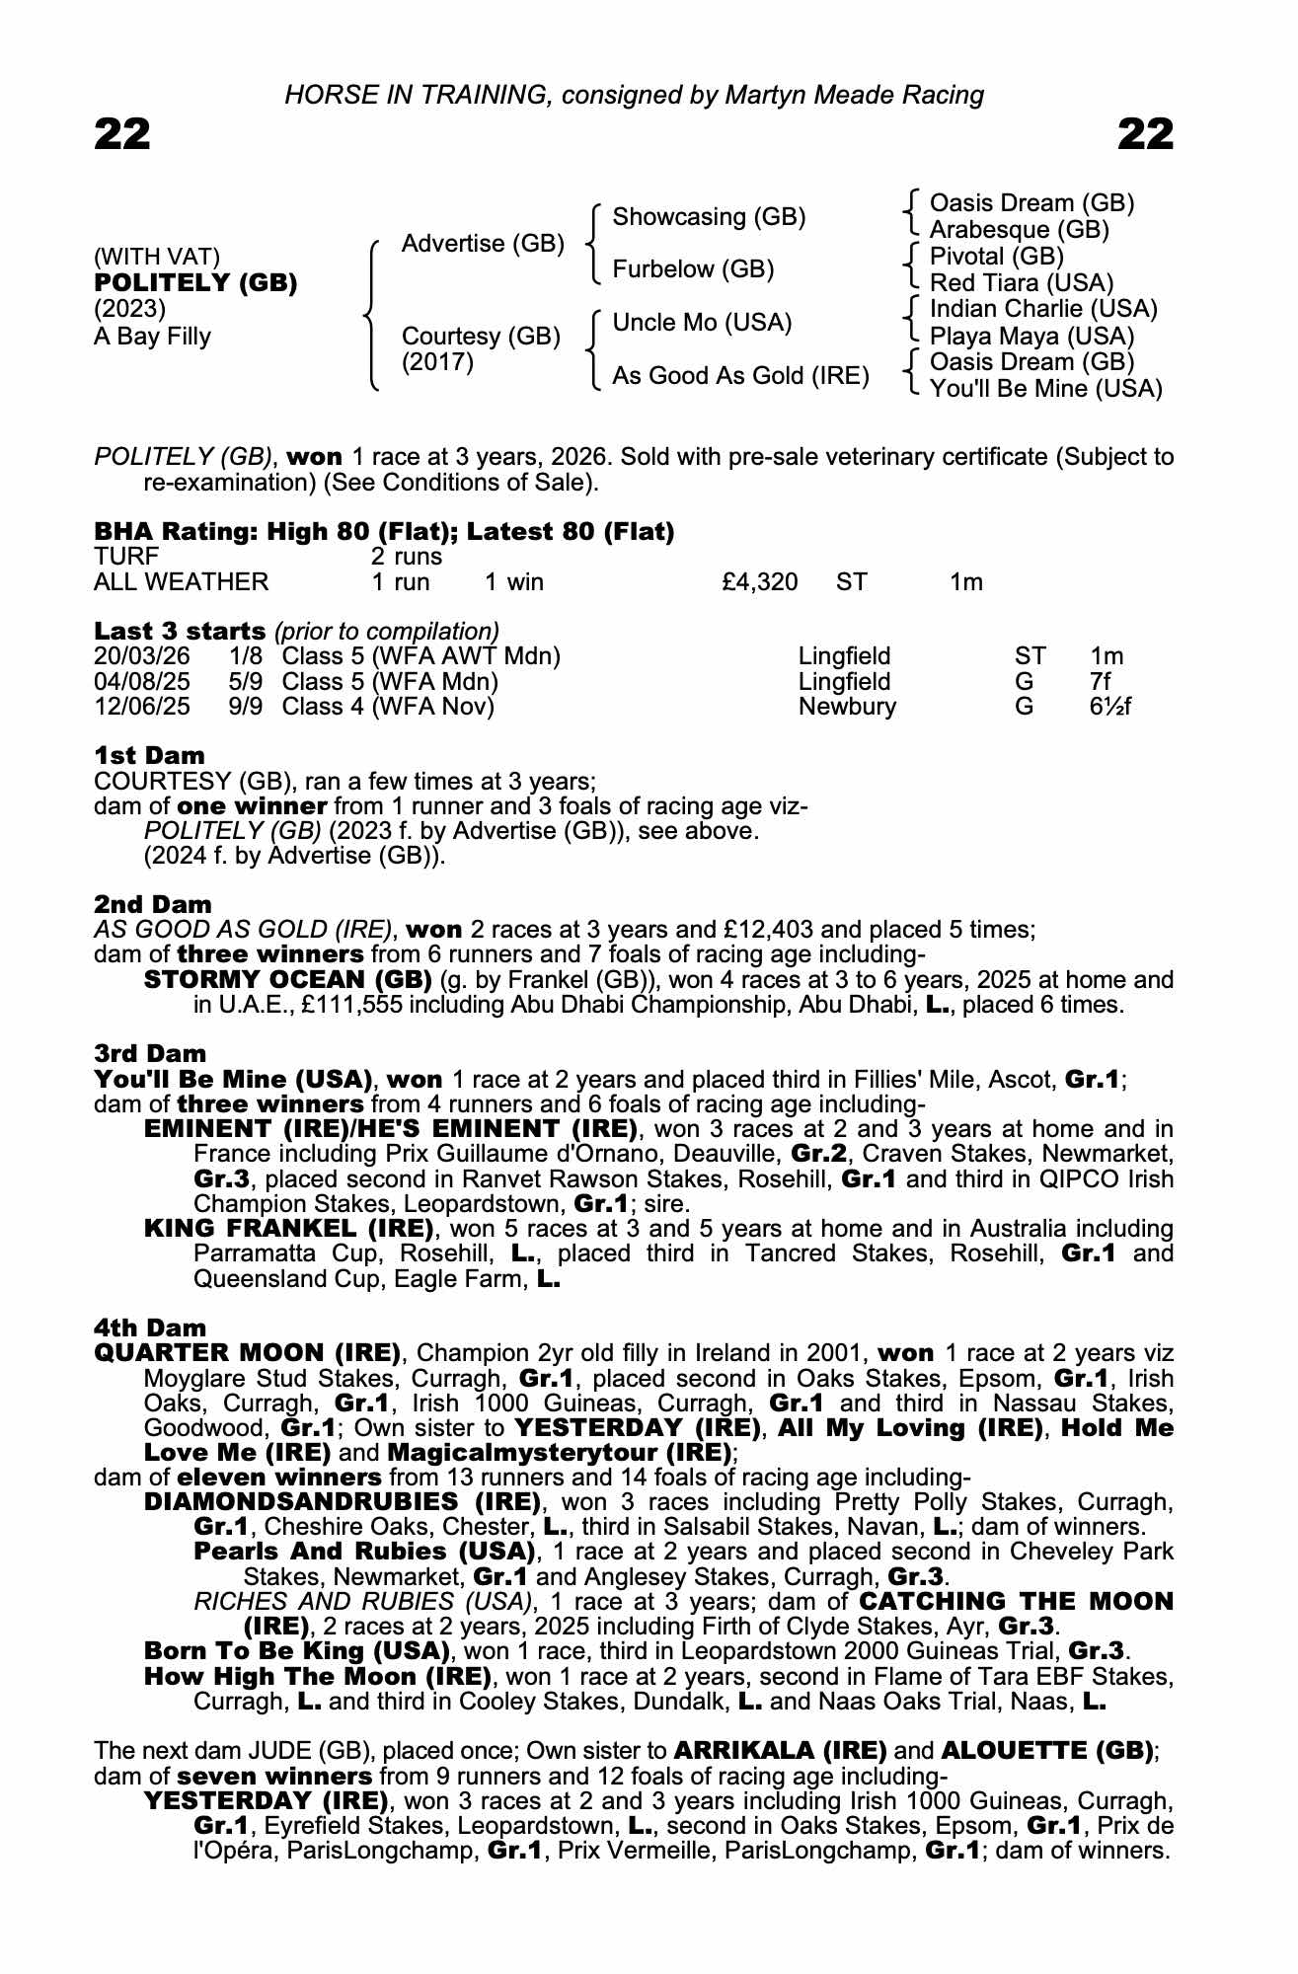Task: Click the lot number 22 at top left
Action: [122, 133]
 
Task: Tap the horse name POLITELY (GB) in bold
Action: [195, 283]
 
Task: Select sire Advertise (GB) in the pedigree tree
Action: [483, 244]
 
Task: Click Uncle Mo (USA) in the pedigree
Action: [702, 323]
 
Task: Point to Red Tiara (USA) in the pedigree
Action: [1022, 283]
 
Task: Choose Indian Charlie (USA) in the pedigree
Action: [1043, 309]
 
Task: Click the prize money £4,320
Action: [759, 582]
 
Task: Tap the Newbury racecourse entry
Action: [847, 707]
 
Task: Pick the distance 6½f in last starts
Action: [1110, 707]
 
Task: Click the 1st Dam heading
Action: [149, 756]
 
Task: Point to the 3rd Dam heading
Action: [150, 1054]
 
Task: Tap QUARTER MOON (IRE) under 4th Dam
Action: [247, 1353]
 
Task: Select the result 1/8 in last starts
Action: [246, 656]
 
